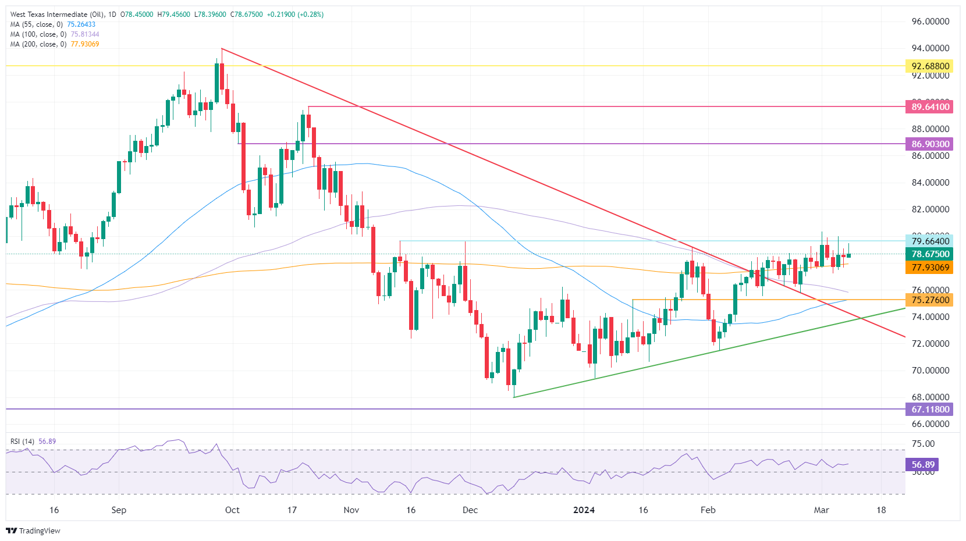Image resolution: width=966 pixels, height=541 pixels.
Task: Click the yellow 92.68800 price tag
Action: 929,66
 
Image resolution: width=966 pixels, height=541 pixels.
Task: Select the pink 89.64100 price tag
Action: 929,107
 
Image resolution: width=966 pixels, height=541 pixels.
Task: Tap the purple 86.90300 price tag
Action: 929,144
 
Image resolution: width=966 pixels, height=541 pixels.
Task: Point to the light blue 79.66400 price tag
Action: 929,241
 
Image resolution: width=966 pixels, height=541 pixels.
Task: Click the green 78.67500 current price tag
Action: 929,254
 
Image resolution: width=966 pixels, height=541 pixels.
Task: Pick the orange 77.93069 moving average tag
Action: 929,268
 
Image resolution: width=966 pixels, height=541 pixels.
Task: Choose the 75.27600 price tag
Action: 929,300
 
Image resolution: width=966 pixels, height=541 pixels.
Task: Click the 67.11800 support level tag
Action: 929,410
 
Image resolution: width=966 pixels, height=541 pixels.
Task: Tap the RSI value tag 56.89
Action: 922,465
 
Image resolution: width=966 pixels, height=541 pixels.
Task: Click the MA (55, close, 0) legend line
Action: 52,24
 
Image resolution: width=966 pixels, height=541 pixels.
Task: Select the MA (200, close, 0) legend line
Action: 54,44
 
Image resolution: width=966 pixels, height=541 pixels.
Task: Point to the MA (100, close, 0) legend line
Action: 54,34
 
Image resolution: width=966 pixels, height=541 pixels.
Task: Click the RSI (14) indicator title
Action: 23,442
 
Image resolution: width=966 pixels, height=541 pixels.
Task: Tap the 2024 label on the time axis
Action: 584,510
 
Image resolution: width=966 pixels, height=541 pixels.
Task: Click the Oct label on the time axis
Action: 232,510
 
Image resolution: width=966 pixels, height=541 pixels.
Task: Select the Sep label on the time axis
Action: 119,510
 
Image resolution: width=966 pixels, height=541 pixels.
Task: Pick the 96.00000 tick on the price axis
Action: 930,22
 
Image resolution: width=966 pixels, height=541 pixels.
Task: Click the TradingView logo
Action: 33,531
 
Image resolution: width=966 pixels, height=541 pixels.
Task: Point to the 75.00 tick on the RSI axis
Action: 923,444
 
